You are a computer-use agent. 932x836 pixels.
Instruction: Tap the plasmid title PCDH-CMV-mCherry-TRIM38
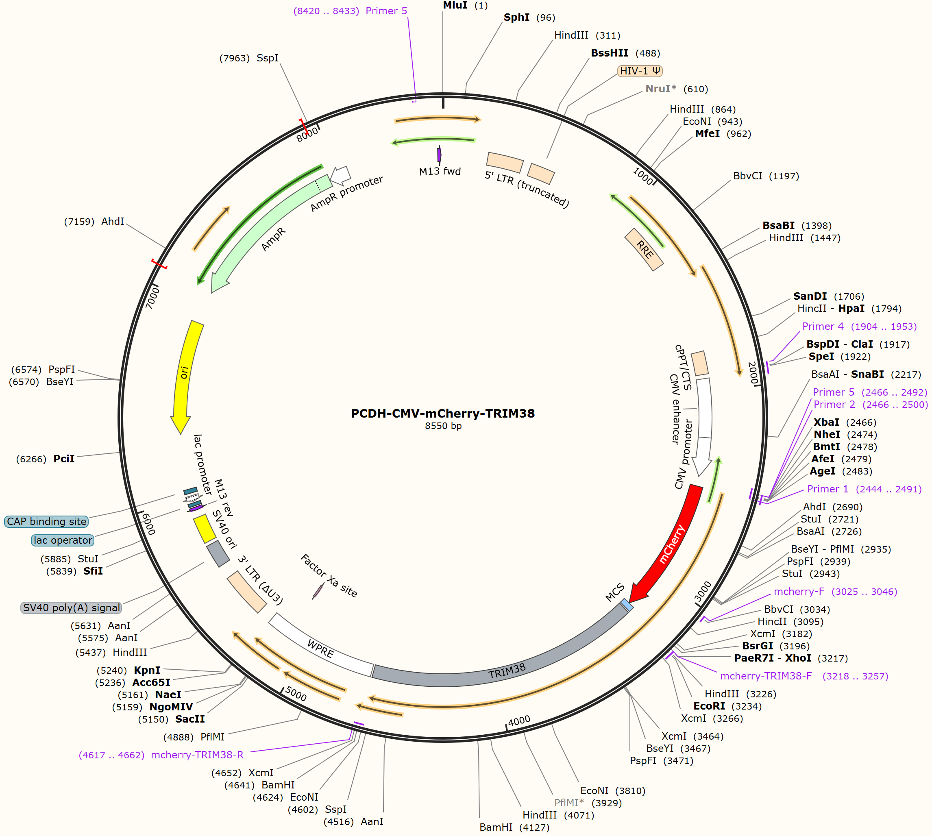(x=443, y=414)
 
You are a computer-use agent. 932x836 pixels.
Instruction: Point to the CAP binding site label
(x=46, y=521)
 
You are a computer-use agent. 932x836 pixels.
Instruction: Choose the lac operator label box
(x=63, y=540)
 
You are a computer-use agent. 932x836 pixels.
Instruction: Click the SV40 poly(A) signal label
(x=72, y=608)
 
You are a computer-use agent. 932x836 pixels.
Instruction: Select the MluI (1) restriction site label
(x=465, y=6)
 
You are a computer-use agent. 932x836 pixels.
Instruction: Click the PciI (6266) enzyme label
(x=45, y=459)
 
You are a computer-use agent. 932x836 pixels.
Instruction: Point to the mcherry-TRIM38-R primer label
(x=161, y=755)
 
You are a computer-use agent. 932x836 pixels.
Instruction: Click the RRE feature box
(x=644, y=249)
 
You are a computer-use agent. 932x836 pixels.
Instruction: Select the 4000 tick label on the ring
(x=520, y=721)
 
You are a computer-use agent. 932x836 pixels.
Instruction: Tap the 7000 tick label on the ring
(x=152, y=298)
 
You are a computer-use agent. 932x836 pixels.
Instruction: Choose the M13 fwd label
(x=440, y=171)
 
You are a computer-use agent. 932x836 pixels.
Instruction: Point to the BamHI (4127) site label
(x=514, y=827)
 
